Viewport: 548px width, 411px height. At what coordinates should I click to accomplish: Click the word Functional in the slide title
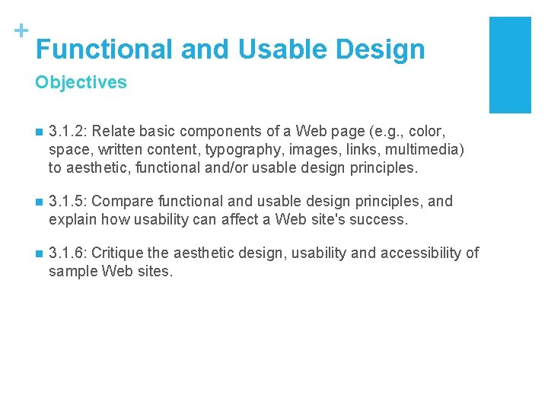click(104, 49)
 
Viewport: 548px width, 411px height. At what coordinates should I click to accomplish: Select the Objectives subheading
click(81, 82)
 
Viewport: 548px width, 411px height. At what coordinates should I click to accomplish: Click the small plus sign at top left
click(21, 31)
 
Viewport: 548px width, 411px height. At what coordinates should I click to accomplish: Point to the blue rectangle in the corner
click(509, 65)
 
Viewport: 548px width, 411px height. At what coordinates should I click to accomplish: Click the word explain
click(73, 220)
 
